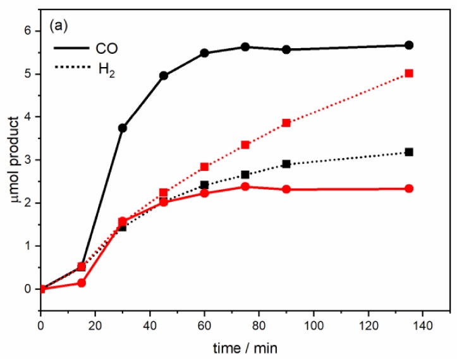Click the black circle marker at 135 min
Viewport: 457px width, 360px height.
pos(409,46)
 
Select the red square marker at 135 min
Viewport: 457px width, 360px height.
pos(409,73)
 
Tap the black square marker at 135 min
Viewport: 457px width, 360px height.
pos(409,152)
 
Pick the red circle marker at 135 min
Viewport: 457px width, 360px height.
pos(409,189)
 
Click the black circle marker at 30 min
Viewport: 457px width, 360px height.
pos(123,128)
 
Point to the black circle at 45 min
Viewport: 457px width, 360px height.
pos(164,75)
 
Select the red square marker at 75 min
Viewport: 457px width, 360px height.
pos(245,145)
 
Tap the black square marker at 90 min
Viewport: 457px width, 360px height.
pos(286,164)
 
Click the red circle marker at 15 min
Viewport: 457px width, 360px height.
pos(82,283)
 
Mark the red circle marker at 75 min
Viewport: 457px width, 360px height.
pos(245,187)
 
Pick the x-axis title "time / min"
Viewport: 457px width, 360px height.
pos(245,348)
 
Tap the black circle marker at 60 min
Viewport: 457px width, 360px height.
pos(204,53)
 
